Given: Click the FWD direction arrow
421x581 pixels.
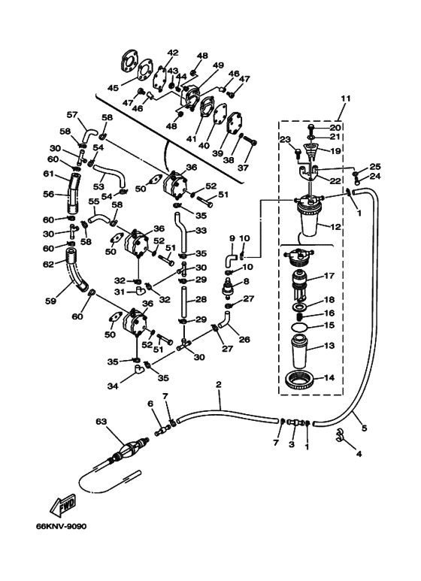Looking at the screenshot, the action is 63,504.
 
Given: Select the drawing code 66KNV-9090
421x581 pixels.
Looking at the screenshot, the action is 61,526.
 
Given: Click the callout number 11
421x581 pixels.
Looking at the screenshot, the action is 345,99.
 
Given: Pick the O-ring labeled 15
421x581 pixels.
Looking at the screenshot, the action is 301,327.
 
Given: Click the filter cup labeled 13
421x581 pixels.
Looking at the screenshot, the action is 301,350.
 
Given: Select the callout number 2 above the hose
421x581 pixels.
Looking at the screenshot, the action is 218,385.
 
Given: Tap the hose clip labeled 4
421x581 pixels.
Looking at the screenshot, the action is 339,436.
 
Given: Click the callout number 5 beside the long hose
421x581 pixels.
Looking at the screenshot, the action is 365,428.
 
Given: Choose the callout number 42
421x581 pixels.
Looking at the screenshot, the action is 173,53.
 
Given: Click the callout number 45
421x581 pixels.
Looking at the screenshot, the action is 113,88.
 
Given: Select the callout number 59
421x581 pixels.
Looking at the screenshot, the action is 51,301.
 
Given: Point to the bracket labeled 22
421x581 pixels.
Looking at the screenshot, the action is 310,172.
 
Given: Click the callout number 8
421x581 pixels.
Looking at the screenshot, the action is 246,282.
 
